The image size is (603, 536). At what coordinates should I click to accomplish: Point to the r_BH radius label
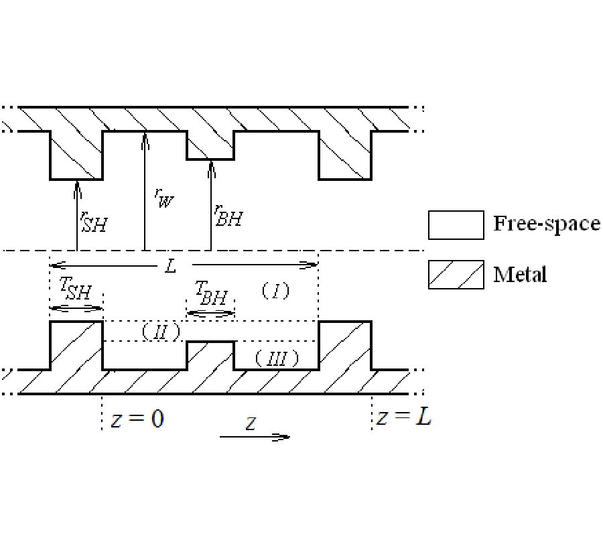tap(228, 215)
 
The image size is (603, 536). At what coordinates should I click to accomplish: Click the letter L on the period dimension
tap(170, 266)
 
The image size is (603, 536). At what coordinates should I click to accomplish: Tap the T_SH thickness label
tap(75, 290)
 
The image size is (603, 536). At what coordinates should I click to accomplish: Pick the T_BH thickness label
tap(210, 293)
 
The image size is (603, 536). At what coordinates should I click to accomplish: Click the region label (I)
tap(275, 290)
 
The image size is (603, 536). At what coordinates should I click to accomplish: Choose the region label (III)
tap(276, 358)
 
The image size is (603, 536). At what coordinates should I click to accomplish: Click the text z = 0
tap(137, 419)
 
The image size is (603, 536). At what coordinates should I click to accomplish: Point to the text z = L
tap(403, 417)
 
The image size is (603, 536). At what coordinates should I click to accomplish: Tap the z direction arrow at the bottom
tap(255, 436)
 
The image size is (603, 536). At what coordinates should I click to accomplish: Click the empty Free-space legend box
tap(456, 225)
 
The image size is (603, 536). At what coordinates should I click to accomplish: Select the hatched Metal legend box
tap(456, 275)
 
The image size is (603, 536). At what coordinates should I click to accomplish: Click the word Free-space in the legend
tap(546, 223)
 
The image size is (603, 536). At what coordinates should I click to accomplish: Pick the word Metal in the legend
tap(520, 274)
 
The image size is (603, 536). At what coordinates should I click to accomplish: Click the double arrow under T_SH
tap(76, 308)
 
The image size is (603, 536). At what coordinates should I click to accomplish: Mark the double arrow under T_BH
tap(210, 313)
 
